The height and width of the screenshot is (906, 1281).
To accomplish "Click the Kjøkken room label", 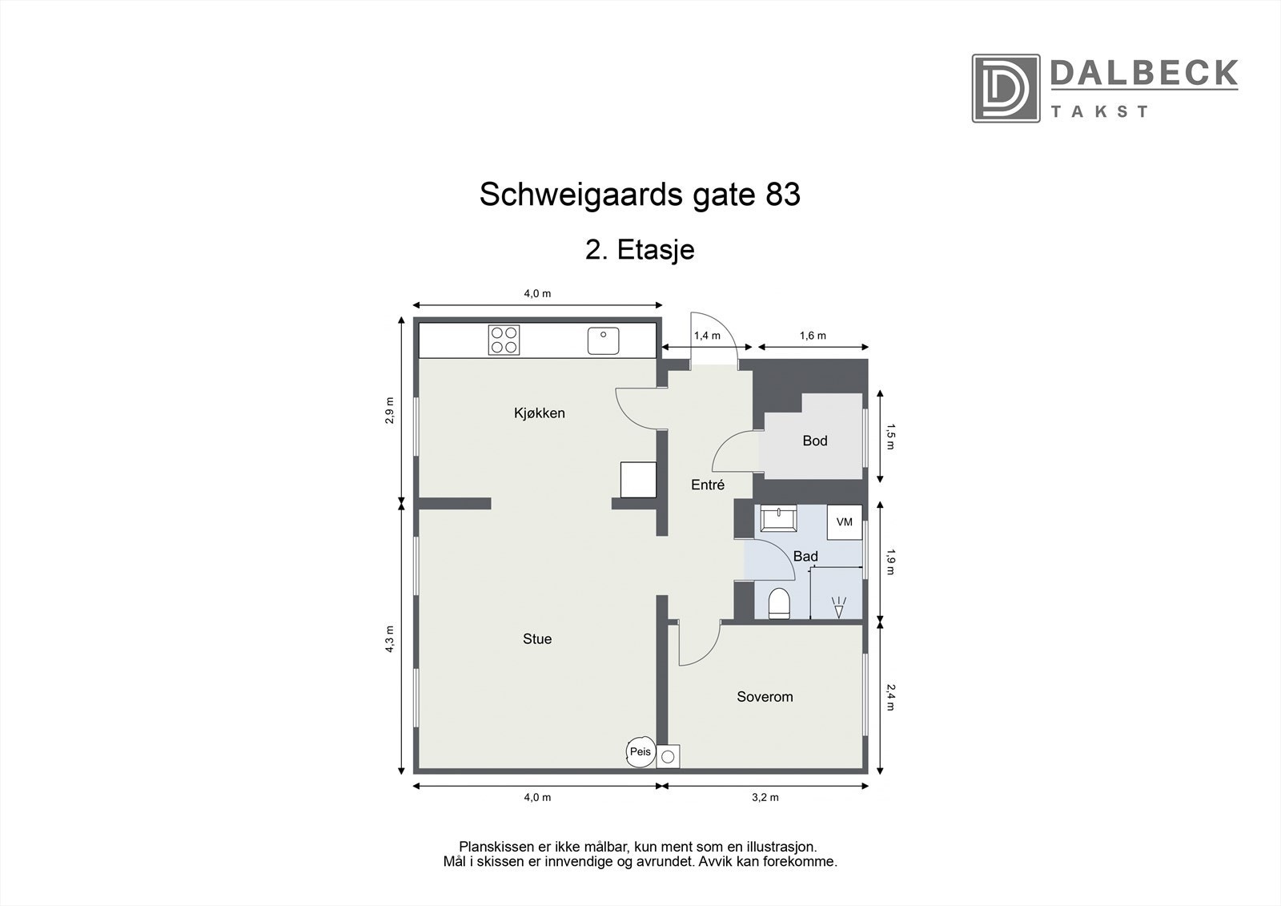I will (539, 413).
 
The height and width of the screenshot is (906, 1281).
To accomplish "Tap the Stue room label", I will (536, 638).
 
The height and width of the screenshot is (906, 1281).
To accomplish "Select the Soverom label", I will (765, 697).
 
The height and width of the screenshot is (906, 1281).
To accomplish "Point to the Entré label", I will (708, 485).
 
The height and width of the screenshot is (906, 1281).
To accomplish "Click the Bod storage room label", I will (814, 441).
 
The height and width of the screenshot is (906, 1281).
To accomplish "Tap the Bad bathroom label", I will (805, 556).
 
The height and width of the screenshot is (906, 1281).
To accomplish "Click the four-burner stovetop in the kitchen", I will (504, 340).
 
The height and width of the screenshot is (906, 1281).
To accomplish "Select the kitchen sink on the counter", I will (603, 340).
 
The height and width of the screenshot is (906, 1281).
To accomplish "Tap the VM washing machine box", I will (844, 521).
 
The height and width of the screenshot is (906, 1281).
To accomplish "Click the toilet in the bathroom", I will (779, 603).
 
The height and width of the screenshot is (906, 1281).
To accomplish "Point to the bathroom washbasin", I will (777, 518).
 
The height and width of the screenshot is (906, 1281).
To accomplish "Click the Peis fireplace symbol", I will (640, 752).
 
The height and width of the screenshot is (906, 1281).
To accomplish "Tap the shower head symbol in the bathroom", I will (838, 608).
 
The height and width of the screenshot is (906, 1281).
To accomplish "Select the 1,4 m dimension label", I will (707, 336).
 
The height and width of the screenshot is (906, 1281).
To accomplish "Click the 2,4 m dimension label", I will (891, 696).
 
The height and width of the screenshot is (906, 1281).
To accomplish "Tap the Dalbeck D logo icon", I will (1005, 88).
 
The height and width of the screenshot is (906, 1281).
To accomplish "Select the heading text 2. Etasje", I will (640, 250).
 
